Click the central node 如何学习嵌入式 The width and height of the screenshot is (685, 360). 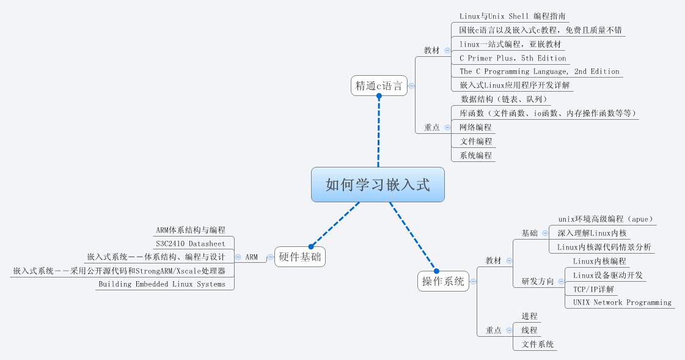[378, 185]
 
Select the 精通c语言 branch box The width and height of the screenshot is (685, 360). [379, 86]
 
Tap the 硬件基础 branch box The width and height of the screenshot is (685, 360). [299, 257]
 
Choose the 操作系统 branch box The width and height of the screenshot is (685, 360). [443, 281]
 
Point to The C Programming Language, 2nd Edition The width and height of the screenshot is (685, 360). [539, 72]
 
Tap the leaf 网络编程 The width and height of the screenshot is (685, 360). [475, 127]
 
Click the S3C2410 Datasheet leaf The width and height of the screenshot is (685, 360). [190, 244]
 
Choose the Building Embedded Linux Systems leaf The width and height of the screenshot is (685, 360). [161, 284]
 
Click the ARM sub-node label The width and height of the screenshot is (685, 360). [251, 257]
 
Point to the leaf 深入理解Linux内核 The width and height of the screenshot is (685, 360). [592, 233]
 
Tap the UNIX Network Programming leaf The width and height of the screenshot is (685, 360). [622, 303]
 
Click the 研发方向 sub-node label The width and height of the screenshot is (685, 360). [537, 282]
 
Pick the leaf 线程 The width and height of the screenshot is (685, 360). [529, 330]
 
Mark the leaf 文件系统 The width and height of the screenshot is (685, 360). [538, 344]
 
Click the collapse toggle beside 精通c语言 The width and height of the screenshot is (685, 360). [412, 86]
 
